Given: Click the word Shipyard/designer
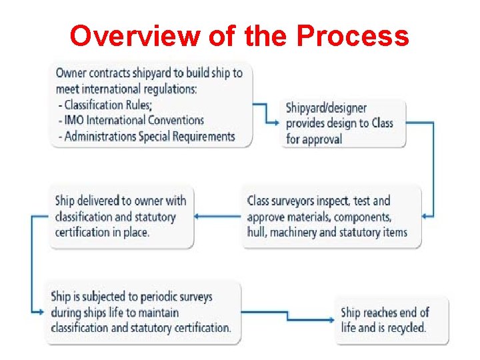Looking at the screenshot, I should pyautogui.click(x=326, y=107).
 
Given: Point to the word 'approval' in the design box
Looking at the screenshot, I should pyautogui.click(x=323, y=139).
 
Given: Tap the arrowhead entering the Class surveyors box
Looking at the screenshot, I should pyautogui.click(x=427, y=215).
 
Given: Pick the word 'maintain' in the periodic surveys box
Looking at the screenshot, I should pyautogui.click(x=157, y=312).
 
